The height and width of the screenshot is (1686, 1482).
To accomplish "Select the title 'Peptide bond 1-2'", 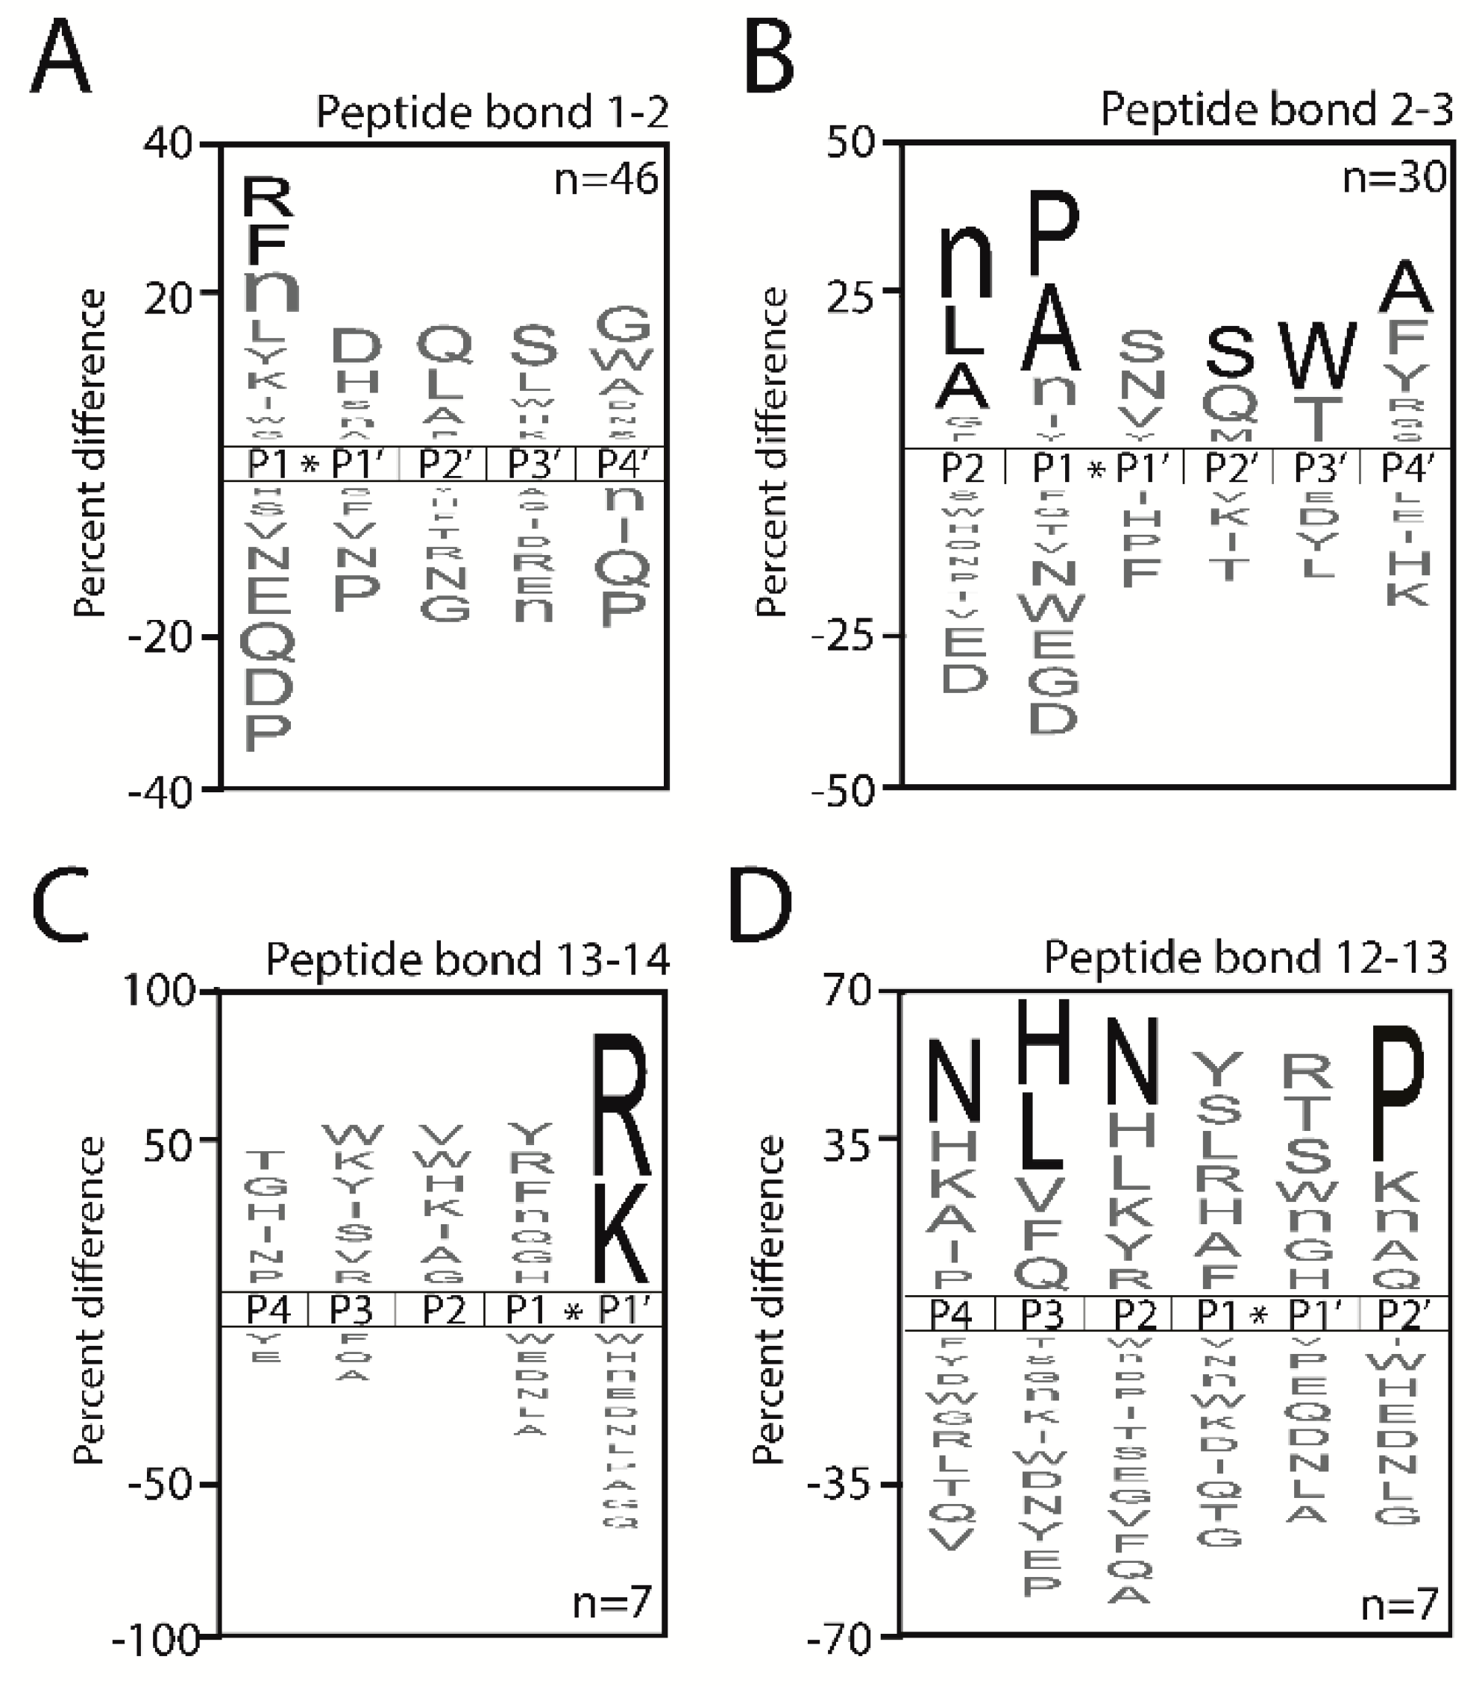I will tap(492, 112).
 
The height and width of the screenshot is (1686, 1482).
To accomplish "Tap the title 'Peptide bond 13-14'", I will tap(468, 959).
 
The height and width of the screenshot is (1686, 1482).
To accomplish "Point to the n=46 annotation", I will tap(606, 179).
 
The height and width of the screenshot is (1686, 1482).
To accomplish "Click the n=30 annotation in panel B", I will tap(1394, 177).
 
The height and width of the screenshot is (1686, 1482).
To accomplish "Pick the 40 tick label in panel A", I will tap(167, 144).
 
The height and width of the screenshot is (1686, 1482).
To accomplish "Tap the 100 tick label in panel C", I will tap(159, 990).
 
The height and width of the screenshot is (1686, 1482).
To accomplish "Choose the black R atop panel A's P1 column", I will tap(267, 198).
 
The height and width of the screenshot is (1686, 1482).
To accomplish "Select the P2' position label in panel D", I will tap(1403, 1314).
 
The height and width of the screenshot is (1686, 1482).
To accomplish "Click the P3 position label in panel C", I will tap(351, 1310).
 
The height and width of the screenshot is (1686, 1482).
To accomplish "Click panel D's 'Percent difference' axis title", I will tap(769, 1300).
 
